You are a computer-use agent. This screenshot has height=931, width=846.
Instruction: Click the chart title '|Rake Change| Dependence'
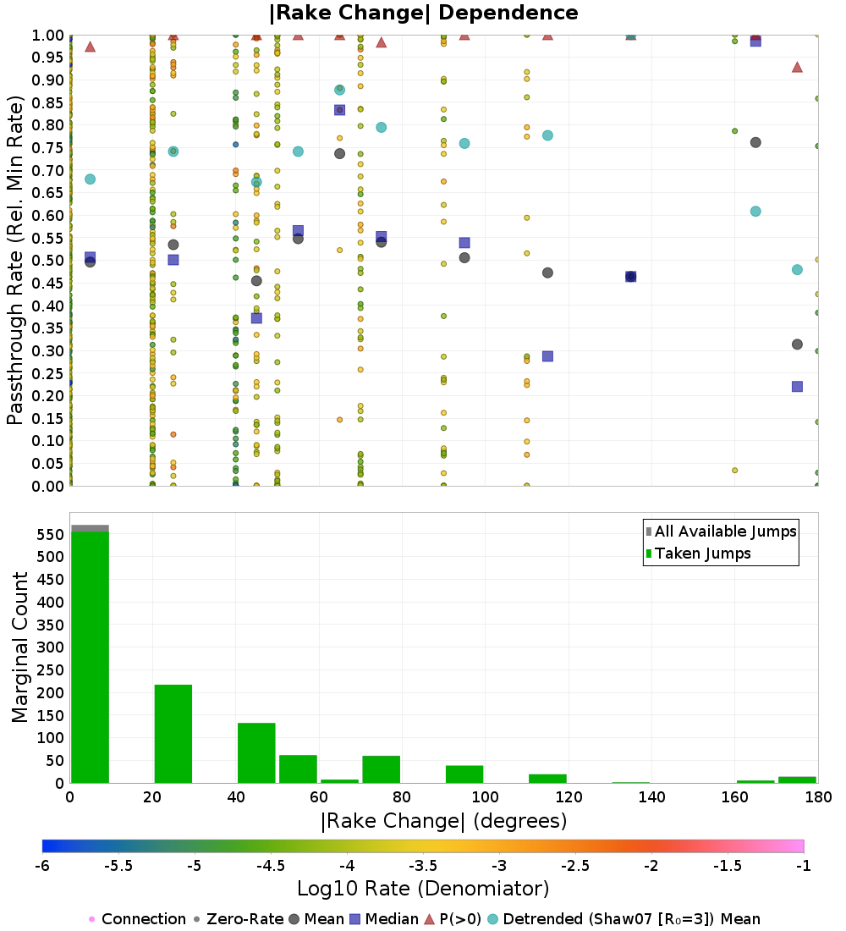(423, 13)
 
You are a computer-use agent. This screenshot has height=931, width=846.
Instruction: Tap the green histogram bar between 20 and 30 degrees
(173, 734)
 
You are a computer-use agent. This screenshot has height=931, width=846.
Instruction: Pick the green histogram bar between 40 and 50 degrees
(256, 753)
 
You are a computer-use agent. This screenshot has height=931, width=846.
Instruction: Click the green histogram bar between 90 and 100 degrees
(464, 774)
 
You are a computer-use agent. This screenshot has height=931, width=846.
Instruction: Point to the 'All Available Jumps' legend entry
(721, 532)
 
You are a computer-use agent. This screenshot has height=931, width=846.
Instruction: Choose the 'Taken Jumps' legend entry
(698, 554)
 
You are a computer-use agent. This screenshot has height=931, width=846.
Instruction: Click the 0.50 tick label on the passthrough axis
(47, 261)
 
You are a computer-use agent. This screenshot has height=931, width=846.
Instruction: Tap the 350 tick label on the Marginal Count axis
(51, 625)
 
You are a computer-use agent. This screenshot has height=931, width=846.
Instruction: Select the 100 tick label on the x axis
(485, 796)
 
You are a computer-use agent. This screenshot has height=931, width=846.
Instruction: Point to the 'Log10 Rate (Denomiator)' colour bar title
(423, 889)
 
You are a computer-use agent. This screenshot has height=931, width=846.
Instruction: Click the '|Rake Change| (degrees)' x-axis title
(444, 821)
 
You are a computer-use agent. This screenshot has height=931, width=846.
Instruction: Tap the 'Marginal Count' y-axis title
(19, 647)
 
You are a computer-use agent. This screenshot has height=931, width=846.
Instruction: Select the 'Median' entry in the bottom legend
(383, 919)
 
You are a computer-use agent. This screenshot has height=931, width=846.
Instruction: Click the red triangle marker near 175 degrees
(797, 67)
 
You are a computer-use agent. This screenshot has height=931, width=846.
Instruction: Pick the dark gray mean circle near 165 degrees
(755, 142)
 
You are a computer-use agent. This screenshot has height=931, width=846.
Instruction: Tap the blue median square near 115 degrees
(548, 356)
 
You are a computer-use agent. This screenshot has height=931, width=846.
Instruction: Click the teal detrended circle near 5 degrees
(91, 179)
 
